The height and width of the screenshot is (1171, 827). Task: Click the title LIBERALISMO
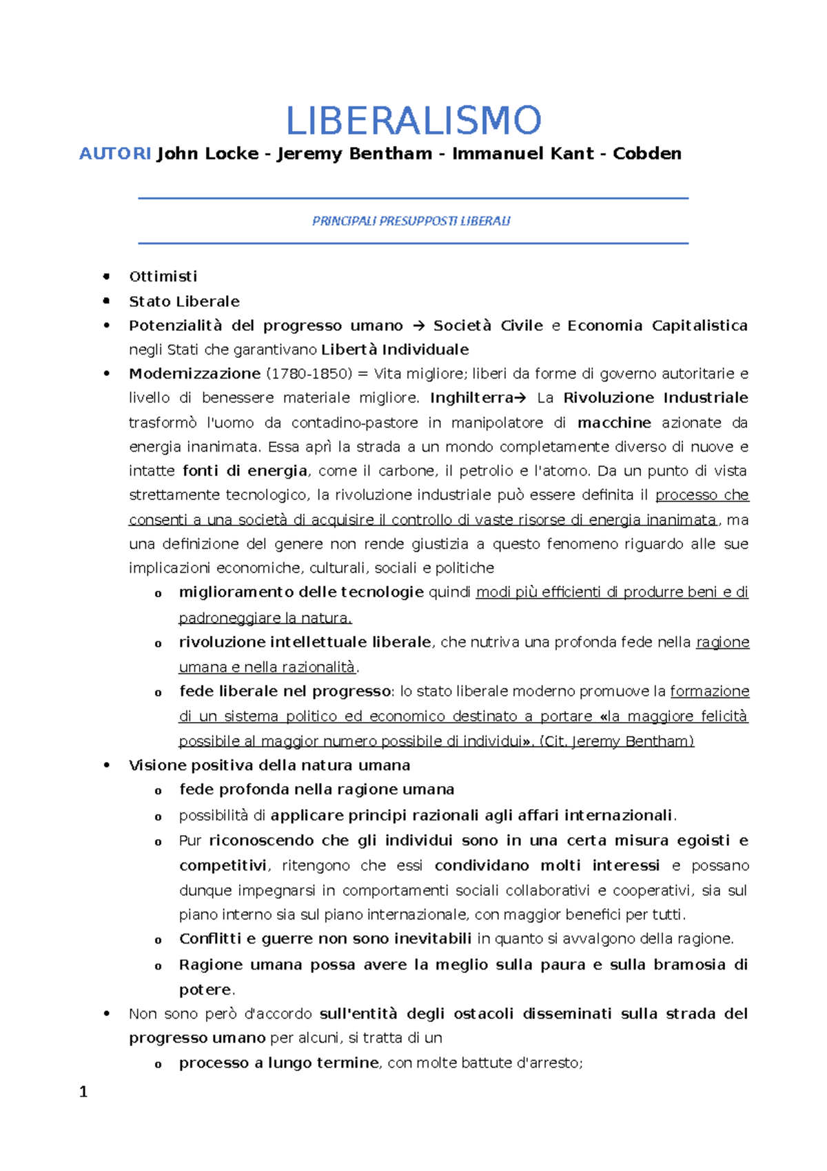coord(413,121)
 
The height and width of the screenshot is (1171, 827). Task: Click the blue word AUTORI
coord(115,154)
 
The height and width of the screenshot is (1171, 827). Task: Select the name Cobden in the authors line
coord(646,154)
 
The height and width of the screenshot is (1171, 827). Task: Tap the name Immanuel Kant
coord(522,154)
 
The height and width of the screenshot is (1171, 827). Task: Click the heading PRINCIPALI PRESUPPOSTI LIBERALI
coord(411,221)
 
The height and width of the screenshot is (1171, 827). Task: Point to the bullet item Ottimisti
coord(163,277)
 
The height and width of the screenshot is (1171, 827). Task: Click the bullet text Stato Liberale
coord(184,301)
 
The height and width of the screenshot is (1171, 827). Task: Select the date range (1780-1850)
coord(308,374)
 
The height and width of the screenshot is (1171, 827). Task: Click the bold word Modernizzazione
coord(194,374)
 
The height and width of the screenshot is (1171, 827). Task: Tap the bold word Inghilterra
coord(472,398)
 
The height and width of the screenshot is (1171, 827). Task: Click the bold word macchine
coord(614,423)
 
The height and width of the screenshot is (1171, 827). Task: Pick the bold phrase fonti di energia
coord(245,471)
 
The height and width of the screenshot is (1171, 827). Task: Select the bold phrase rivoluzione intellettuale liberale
coord(305,643)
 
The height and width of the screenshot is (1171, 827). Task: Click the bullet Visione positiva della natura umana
coord(269,765)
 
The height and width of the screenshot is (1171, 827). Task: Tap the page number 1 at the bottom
coord(83,1092)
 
